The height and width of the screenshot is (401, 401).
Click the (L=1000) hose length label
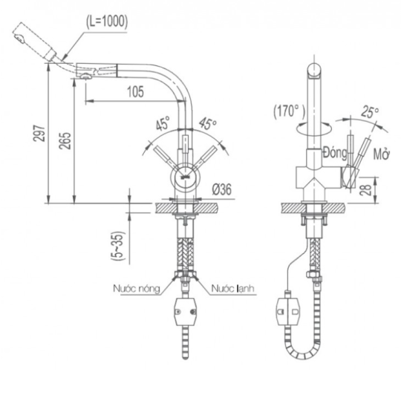pos(107,22)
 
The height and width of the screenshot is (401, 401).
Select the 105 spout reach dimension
pos(136,91)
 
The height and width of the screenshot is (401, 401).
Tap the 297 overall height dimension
pos(39,133)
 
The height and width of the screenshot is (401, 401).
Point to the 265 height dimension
pos(65,140)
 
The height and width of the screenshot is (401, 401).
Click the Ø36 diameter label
pos(221,189)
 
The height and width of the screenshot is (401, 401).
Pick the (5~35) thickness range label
pos(118,246)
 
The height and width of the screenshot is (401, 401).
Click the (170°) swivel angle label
pos(290,111)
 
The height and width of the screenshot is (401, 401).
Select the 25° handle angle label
pos(370,112)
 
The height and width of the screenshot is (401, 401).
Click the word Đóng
pos(335,153)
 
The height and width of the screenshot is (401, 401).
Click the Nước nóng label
pos(137,288)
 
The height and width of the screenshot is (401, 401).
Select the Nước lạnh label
pos(232,288)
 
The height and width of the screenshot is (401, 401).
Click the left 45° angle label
pos(163,123)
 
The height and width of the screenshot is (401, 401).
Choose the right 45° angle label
pos(208,123)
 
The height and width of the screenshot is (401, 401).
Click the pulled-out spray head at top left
pos(34,41)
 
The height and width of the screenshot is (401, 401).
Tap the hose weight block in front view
pos(186,312)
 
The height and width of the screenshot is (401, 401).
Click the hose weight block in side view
pos(288,312)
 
